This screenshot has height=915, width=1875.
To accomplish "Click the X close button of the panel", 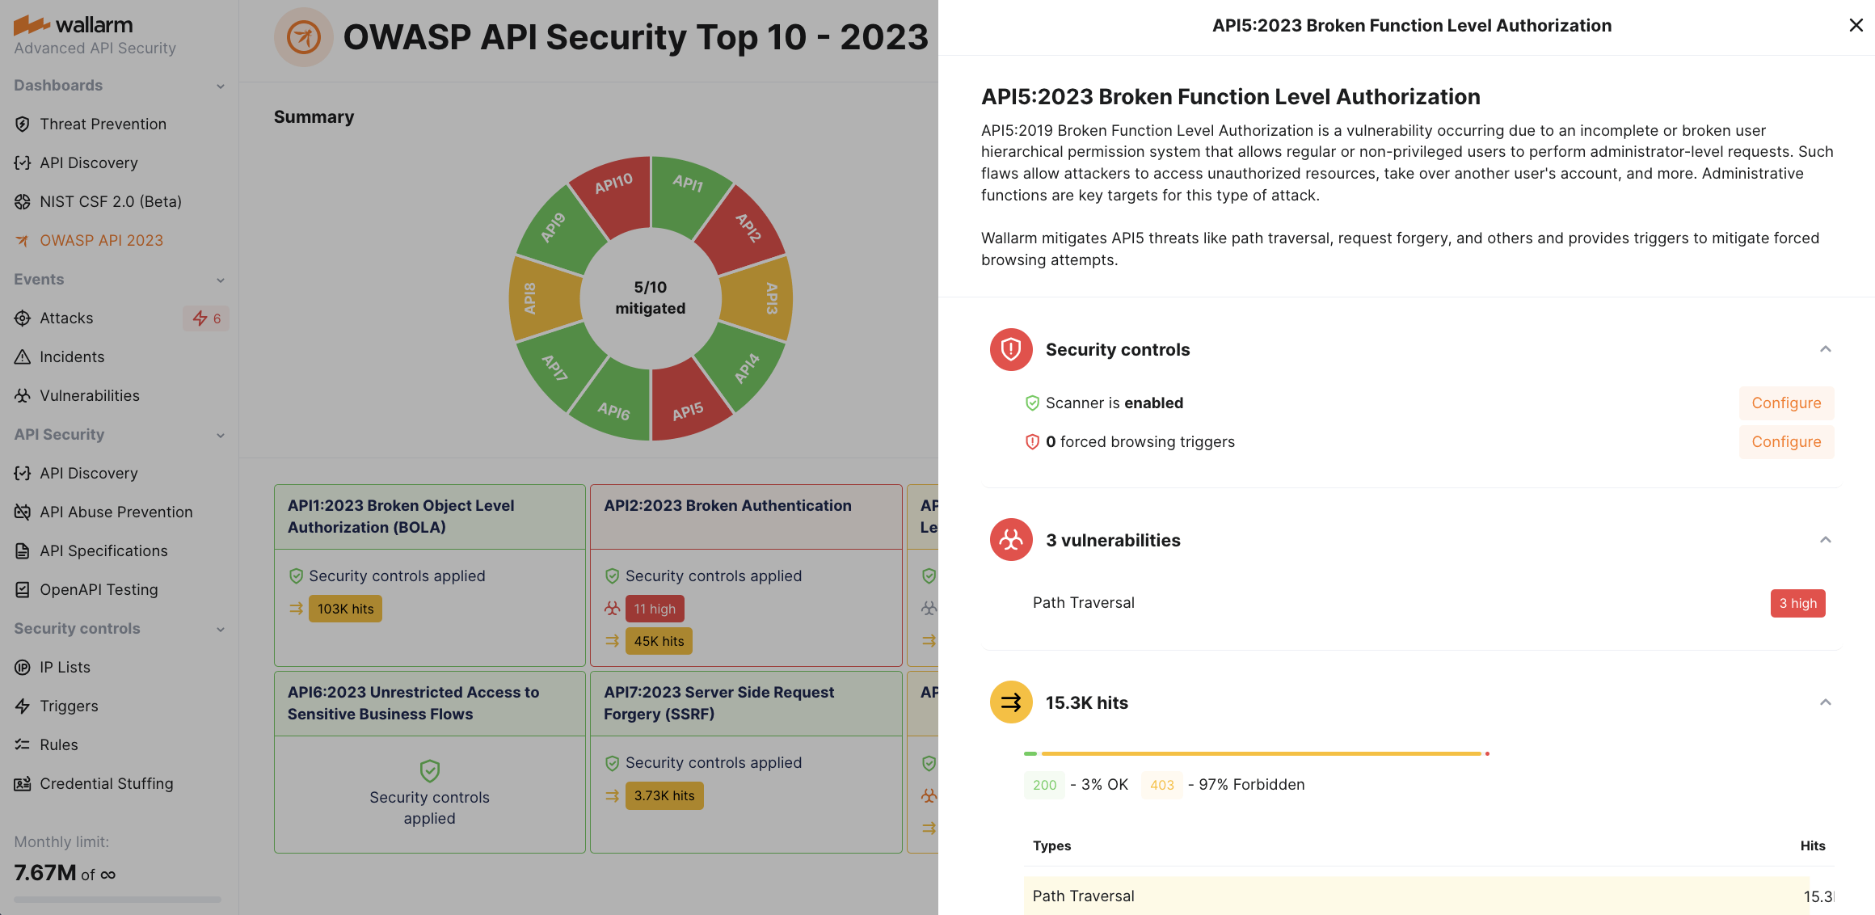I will pos(1856,25).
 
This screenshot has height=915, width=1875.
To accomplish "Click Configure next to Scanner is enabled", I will pos(1786,403).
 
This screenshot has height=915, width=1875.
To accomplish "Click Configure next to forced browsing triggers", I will pos(1786,442).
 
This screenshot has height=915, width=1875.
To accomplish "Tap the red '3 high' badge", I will pos(1797,603).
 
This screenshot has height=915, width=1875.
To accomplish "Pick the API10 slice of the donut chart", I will pos(613,190).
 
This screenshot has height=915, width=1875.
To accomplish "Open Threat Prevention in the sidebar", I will pos(103,124).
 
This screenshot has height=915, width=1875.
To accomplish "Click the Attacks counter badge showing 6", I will pos(206,318).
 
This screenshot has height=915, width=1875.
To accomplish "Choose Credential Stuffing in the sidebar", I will pos(106,783).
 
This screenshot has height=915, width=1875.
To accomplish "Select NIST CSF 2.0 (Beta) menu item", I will pos(110,201).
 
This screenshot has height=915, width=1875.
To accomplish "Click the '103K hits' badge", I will pos(345,609).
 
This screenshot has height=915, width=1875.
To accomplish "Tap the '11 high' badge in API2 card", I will pos(654,609).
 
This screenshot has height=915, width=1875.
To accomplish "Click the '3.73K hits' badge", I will pos(664,795).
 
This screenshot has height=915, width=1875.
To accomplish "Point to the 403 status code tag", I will pos(1161,785).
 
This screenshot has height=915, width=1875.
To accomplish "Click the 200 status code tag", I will pos(1044,785).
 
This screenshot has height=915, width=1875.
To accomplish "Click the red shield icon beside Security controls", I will pos(1011,349).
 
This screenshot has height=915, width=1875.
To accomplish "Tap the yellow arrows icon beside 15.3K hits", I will pos(1011,702).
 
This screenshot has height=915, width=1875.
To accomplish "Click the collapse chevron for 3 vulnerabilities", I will pos(1825,540).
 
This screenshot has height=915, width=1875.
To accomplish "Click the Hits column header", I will pos(1812,845).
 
